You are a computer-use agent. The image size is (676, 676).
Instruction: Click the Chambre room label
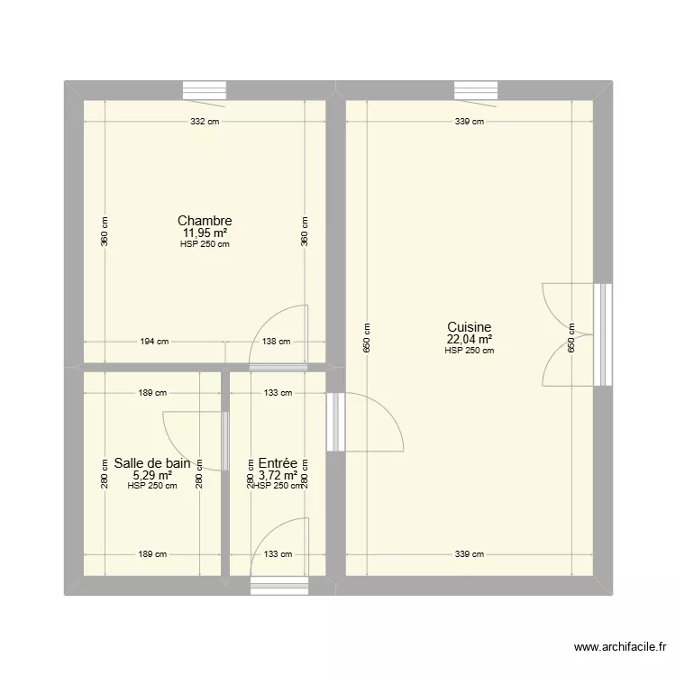coord(205,221)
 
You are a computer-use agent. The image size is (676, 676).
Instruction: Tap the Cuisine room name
coord(469,328)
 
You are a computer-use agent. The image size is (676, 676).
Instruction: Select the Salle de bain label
coord(151,463)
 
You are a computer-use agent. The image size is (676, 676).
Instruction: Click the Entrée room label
coord(278,463)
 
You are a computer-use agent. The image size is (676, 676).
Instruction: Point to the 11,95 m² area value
coord(205,233)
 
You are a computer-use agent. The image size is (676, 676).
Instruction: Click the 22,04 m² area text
coord(469,340)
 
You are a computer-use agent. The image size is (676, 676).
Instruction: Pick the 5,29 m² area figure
coord(151,475)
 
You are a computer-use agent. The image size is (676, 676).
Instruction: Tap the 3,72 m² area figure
coord(278,475)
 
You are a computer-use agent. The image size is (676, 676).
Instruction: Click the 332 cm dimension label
coord(205,122)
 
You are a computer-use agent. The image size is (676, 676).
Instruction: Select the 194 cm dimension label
coord(154,342)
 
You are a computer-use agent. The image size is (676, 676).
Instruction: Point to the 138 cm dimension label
coord(277,342)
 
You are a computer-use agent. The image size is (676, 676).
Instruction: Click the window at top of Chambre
coord(205,90)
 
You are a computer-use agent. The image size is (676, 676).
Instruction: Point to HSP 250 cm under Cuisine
coord(469,352)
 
